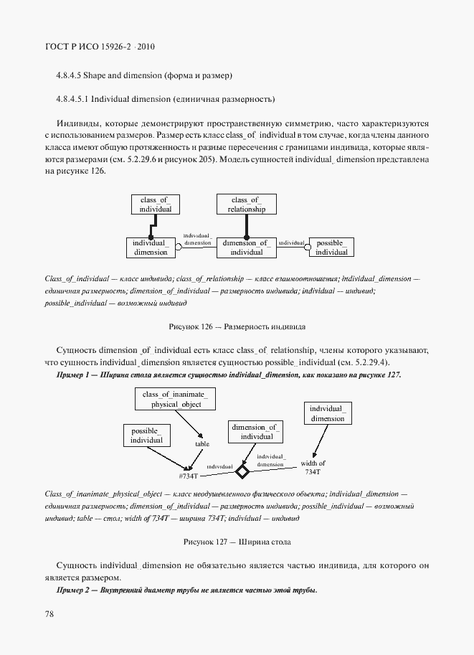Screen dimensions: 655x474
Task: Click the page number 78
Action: coord(49,614)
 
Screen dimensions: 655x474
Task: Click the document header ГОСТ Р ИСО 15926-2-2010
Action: coord(100,47)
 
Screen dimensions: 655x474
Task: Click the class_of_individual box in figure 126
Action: coord(156,204)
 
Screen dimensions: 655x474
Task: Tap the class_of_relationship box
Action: coord(246,204)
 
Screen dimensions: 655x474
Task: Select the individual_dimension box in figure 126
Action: coord(150,248)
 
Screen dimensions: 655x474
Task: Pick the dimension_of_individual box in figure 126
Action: coord(246,248)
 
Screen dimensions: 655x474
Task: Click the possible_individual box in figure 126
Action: coord(332,248)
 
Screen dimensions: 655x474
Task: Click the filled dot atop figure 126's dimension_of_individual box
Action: coord(246,237)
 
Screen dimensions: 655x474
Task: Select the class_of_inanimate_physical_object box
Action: coord(174,399)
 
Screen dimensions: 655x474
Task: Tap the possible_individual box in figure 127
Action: coord(146,435)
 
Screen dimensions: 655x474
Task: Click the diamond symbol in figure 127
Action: coord(242,471)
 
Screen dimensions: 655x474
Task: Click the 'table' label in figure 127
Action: coord(202,444)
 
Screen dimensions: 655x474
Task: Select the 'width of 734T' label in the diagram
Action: coord(313,467)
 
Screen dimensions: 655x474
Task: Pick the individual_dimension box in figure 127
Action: coord(327,413)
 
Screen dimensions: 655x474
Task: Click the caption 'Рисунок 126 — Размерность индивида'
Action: coord(237,326)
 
